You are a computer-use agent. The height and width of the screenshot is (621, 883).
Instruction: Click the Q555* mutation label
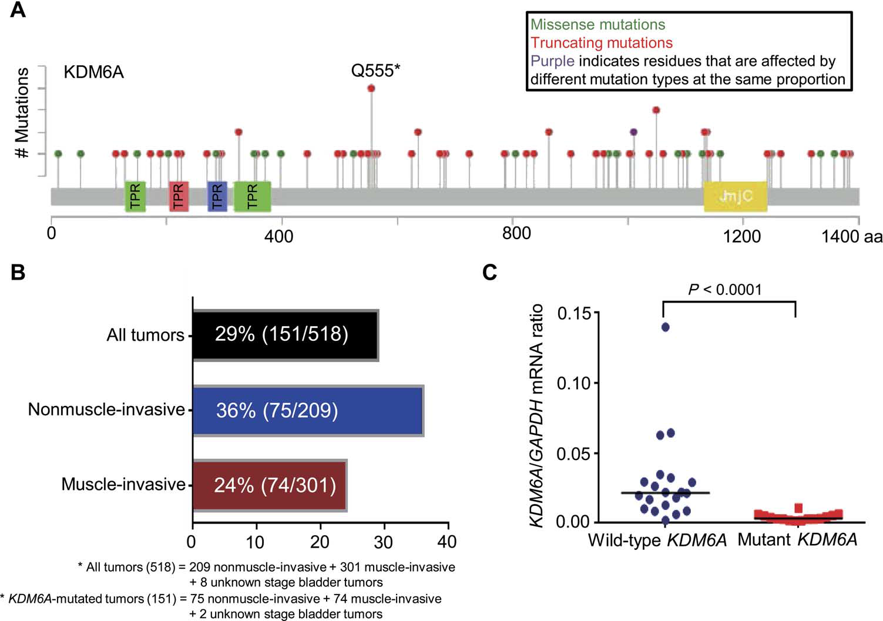coord(375,71)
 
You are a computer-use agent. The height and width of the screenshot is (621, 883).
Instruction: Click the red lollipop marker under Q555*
coord(371,88)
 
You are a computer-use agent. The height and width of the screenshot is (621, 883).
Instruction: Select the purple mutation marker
coord(633,132)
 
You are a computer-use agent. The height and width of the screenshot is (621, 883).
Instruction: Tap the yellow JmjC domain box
coord(736,196)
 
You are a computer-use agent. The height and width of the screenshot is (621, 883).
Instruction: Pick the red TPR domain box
coord(179,196)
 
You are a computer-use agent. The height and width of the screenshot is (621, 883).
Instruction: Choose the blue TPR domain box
coord(217,196)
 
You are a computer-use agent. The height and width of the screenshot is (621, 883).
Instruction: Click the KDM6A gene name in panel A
coord(93,73)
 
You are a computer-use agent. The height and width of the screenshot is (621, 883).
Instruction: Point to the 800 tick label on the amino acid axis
coord(516,233)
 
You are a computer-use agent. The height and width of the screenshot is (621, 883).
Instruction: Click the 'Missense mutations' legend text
coord(598,25)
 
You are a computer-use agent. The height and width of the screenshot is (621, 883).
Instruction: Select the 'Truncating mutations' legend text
coord(602,43)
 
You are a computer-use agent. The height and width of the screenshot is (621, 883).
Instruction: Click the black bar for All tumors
coord(285,334)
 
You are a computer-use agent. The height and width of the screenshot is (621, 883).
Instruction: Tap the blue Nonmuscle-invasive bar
coord(308,410)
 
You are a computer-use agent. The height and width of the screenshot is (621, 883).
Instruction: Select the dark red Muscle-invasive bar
coord(269,485)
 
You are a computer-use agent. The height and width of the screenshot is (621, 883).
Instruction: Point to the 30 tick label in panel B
coord(383,542)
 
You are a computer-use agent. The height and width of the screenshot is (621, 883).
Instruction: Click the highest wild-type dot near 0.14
coord(666,327)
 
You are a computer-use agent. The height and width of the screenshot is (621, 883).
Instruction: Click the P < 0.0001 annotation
coord(725,290)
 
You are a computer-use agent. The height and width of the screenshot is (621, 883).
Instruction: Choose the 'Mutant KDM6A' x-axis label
coord(797,540)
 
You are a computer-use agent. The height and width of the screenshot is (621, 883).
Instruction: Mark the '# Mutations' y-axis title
coord(22,113)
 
